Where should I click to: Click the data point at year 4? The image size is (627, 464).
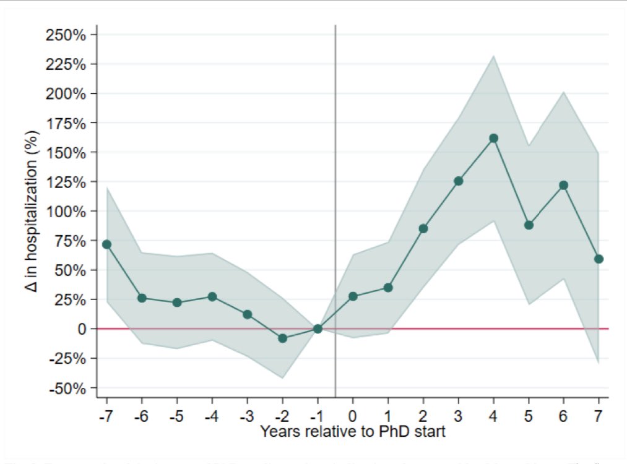point(493,138)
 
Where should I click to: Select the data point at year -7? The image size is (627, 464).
point(106,244)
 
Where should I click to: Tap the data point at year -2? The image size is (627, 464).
point(282,338)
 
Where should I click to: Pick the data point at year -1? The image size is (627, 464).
point(318,329)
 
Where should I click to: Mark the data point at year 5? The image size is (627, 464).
point(529,225)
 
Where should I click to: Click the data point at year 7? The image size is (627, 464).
point(599,259)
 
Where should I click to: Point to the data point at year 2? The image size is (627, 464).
point(423,228)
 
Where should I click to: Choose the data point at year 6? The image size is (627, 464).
point(563,185)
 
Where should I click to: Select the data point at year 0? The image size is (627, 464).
point(353,296)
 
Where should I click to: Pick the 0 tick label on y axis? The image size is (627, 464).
point(81,329)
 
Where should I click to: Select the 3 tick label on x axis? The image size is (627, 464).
point(459,415)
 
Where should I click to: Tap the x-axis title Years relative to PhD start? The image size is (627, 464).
point(352,431)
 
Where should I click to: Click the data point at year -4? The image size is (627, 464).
point(212,296)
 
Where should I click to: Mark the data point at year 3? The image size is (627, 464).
point(459,181)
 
